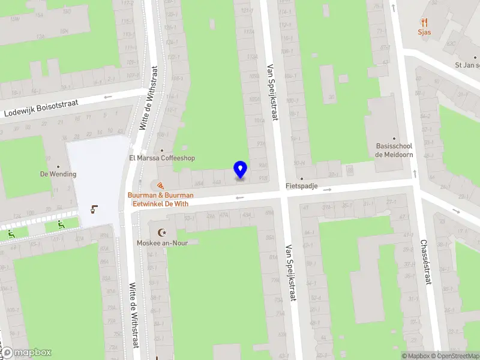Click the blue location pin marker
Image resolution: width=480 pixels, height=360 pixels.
coord(240,169)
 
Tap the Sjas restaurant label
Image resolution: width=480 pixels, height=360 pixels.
coord(425,32)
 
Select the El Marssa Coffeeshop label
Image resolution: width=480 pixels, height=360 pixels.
coord(162,158)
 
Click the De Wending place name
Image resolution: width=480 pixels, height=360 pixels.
coord(58,174)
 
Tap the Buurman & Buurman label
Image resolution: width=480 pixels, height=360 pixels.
coord(160,196)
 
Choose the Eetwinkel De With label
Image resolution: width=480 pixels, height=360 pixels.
coord(160,204)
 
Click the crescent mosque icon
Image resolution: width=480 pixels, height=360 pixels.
coord(160,232)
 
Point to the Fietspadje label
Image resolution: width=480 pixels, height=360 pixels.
coord(301,186)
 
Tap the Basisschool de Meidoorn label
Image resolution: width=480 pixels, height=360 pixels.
coord(395,150)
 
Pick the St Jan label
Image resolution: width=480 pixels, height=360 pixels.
coord(466,65)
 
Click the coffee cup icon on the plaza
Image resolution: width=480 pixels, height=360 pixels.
coord(93,209)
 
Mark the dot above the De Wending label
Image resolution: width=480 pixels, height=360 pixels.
coord(58,166)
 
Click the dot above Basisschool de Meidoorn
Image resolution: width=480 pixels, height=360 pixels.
coord(395,138)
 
